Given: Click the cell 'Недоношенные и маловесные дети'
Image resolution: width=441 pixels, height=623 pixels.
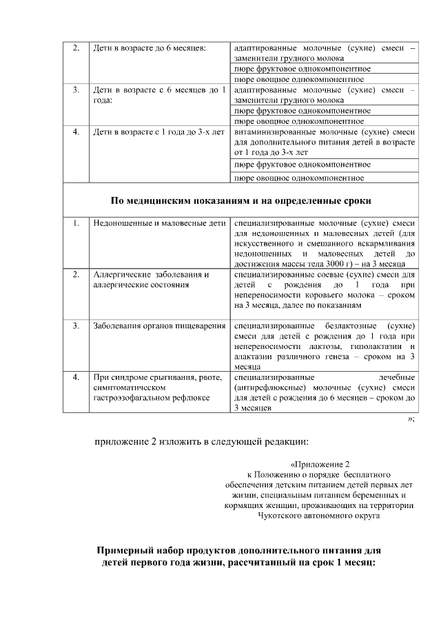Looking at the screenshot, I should pos(159,224).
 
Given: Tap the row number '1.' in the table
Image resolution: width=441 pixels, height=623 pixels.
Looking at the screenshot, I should pos(76,224).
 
